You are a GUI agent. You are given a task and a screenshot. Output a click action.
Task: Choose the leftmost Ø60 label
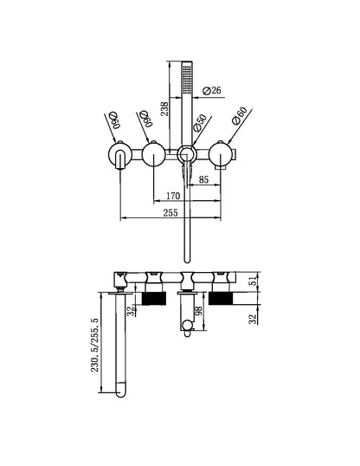[x=113, y=120]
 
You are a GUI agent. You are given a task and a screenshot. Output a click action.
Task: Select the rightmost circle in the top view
[x=219, y=156]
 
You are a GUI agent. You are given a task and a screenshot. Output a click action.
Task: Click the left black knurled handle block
[x=152, y=299]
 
